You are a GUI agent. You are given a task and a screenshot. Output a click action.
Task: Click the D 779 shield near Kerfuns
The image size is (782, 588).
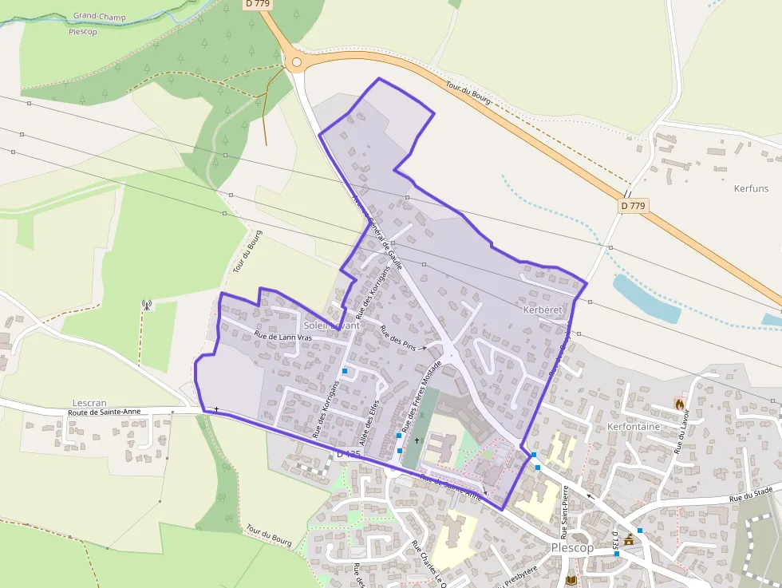click(x=632, y=206)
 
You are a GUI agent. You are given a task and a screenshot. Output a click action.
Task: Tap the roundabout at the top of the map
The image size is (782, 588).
click(x=297, y=61)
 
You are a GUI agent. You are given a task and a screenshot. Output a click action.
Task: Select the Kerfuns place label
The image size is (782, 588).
click(x=751, y=188)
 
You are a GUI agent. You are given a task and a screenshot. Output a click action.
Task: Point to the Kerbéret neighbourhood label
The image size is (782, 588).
click(x=543, y=309)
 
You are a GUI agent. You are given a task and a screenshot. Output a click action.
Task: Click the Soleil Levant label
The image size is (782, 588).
click(x=332, y=326)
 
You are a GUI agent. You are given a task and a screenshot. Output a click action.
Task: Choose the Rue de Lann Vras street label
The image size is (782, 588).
click(x=282, y=337)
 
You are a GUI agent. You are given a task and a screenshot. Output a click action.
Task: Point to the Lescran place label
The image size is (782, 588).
click(x=89, y=403)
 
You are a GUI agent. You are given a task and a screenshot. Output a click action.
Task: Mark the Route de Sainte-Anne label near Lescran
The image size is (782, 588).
click(x=105, y=412)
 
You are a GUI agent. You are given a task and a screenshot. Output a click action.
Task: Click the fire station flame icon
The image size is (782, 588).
click(x=680, y=404)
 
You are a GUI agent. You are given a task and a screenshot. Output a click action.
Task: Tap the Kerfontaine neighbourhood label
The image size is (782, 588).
click(x=634, y=427)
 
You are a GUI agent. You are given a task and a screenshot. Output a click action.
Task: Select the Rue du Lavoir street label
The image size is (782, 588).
click(x=684, y=432)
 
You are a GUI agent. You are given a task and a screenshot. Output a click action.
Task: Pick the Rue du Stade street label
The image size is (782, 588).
click(x=753, y=495)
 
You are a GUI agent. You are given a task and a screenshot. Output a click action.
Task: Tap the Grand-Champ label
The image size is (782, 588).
click(x=99, y=16)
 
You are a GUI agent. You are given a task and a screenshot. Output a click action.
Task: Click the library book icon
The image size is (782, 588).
click(x=571, y=580)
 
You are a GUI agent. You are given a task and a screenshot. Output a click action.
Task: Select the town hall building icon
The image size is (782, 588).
click(x=629, y=539)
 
